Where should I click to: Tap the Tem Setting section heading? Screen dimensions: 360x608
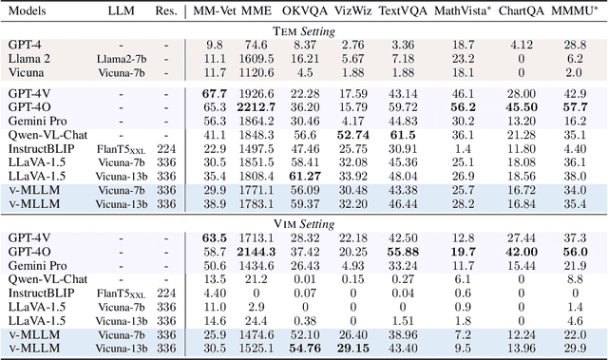tap(304, 29)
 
